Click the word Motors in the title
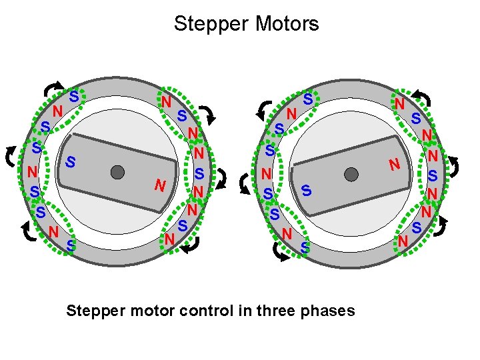click(x=283, y=24)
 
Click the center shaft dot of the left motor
click(x=118, y=172)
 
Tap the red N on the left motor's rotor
click(x=158, y=185)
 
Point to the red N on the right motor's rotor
click(x=395, y=163)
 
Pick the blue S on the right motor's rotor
click(x=305, y=190)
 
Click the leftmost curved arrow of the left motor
click(x=10, y=155)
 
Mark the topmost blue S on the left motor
click(x=74, y=97)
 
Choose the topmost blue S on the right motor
click(x=307, y=99)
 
